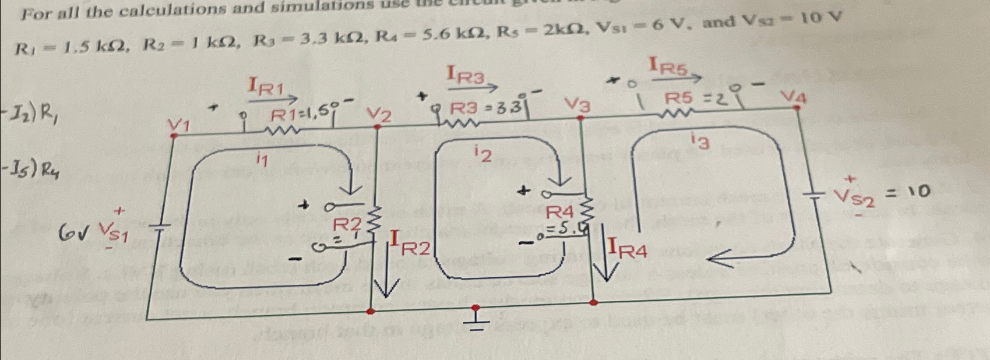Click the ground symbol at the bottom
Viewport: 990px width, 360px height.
pos(476,320)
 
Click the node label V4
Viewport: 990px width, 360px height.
pos(793,97)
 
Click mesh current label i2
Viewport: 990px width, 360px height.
pos(483,154)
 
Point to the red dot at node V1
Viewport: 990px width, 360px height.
pos(174,135)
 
